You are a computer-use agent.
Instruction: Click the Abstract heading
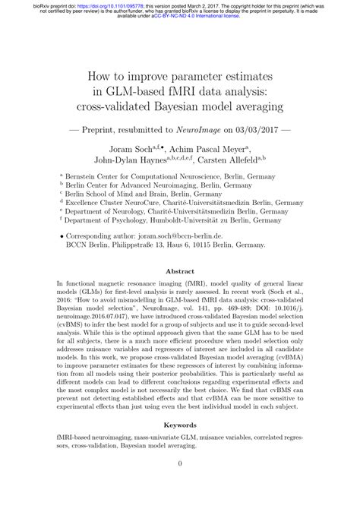pyautogui.click(x=179, y=270)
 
